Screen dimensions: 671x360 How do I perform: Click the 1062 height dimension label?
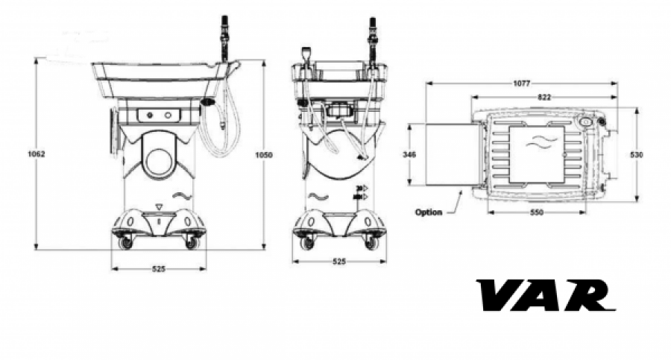(37, 154)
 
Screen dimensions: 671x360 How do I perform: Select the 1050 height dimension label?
(264, 155)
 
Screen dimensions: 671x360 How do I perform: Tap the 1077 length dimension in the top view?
(522, 83)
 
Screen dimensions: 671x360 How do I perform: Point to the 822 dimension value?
(544, 97)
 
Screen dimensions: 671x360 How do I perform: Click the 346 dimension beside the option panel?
(409, 154)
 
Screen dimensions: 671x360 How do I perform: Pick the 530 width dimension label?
(637, 154)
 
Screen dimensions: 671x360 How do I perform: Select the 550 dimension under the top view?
(537, 212)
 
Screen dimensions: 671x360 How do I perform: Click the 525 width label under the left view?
(159, 269)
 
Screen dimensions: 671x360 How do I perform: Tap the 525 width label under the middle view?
(339, 262)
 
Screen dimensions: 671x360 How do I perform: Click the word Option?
(429, 212)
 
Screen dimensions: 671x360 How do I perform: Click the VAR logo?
(546, 295)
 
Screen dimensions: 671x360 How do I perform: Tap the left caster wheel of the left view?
(126, 243)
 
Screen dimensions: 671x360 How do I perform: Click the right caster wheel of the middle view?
(371, 243)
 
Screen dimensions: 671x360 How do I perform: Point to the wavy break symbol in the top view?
(541, 142)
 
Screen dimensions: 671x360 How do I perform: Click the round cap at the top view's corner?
(585, 122)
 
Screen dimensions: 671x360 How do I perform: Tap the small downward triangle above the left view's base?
(160, 207)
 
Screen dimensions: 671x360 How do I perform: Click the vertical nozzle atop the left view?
(224, 40)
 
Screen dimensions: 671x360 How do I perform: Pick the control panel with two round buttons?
(159, 115)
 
